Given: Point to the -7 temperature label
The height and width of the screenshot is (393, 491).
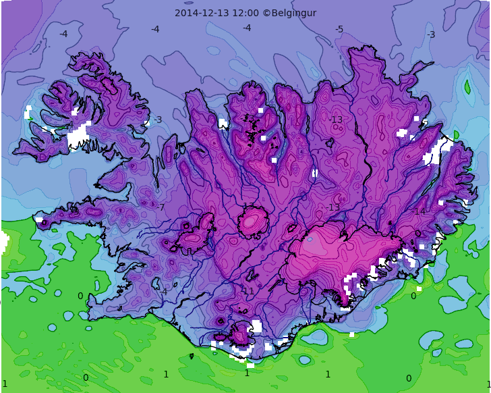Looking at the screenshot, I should (161, 207).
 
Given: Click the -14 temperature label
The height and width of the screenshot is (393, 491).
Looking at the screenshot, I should (419, 211).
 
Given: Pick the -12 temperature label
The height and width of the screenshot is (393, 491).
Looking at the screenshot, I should (248, 119).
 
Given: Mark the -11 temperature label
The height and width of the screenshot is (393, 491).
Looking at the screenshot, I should (248, 291).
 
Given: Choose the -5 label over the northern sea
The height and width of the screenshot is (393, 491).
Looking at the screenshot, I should (339, 29).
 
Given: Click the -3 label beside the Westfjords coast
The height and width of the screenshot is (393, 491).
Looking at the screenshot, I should (157, 120).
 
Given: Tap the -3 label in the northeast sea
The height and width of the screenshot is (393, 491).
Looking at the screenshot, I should (431, 34).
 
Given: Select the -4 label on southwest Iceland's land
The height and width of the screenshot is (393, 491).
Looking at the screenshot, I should (163, 292).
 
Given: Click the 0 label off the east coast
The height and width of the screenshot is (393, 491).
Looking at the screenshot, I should (413, 296).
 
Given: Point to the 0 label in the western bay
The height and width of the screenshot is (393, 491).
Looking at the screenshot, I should (80, 296).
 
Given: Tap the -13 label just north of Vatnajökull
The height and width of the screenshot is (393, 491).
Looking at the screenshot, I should (333, 207).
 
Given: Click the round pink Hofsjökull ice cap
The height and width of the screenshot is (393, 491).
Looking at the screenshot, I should (253, 221).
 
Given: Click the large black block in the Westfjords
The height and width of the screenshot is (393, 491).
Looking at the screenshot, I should (78, 140).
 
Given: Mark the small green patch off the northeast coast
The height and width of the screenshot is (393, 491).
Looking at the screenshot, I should (467, 86).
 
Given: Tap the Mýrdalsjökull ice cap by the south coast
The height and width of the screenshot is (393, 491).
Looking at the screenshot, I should (241, 333).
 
